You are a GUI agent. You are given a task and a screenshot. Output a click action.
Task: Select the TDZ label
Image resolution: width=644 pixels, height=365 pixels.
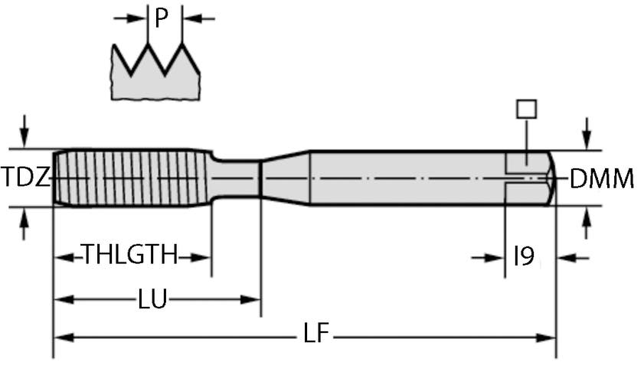pyautogui.click(x=25, y=178)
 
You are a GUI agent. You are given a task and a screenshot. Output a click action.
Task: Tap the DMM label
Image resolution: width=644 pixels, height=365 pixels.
pyautogui.click(x=602, y=179)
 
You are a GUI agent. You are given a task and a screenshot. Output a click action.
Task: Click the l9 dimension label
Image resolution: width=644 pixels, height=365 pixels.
pyautogui.click(x=524, y=257)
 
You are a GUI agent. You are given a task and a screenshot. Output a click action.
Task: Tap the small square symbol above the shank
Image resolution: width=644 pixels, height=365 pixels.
pyautogui.click(x=526, y=109)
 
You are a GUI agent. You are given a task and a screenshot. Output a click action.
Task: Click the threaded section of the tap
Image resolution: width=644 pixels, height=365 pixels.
pyautogui.click(x=130, y=178)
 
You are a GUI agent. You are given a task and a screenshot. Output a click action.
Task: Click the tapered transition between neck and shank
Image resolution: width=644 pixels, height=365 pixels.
pyautogui.click(x=285, y=178)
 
